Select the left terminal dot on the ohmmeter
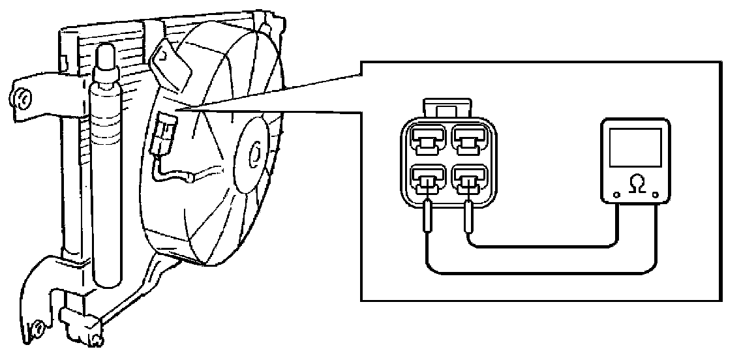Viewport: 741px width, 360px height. tap(616, 194)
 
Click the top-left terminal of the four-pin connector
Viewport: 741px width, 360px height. tap(425, 140)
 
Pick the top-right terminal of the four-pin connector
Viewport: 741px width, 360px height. tap(466, 140)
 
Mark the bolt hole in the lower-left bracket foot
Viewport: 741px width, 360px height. tap(37, 326)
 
